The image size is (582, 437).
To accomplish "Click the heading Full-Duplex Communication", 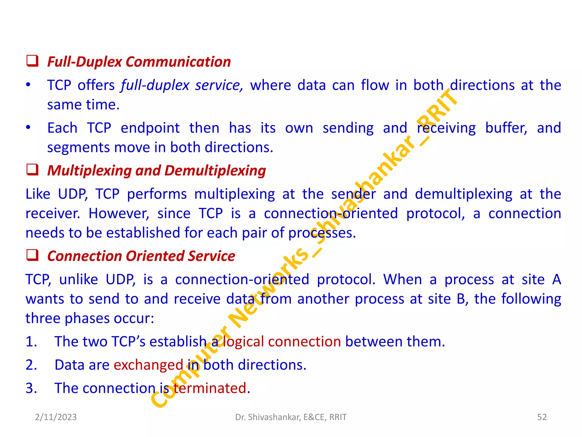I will [x=139, y=62].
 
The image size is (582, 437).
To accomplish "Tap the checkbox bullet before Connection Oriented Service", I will [x=32, y=255].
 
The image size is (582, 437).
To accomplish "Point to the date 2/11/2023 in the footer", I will [x=56, y=417].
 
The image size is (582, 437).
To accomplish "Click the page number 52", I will [x=542, y=417].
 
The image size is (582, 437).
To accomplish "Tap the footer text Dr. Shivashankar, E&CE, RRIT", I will [x=291, y=417].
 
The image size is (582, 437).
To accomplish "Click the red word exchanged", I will [x=148, y=365].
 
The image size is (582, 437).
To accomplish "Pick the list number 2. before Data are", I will [x=31, y=365].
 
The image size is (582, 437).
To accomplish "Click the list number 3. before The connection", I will [x=31, y=388].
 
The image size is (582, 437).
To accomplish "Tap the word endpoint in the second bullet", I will [x=150, y=128].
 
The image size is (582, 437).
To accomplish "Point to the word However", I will [x=119, y=213].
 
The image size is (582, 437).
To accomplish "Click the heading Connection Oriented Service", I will [x=141, y=256].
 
